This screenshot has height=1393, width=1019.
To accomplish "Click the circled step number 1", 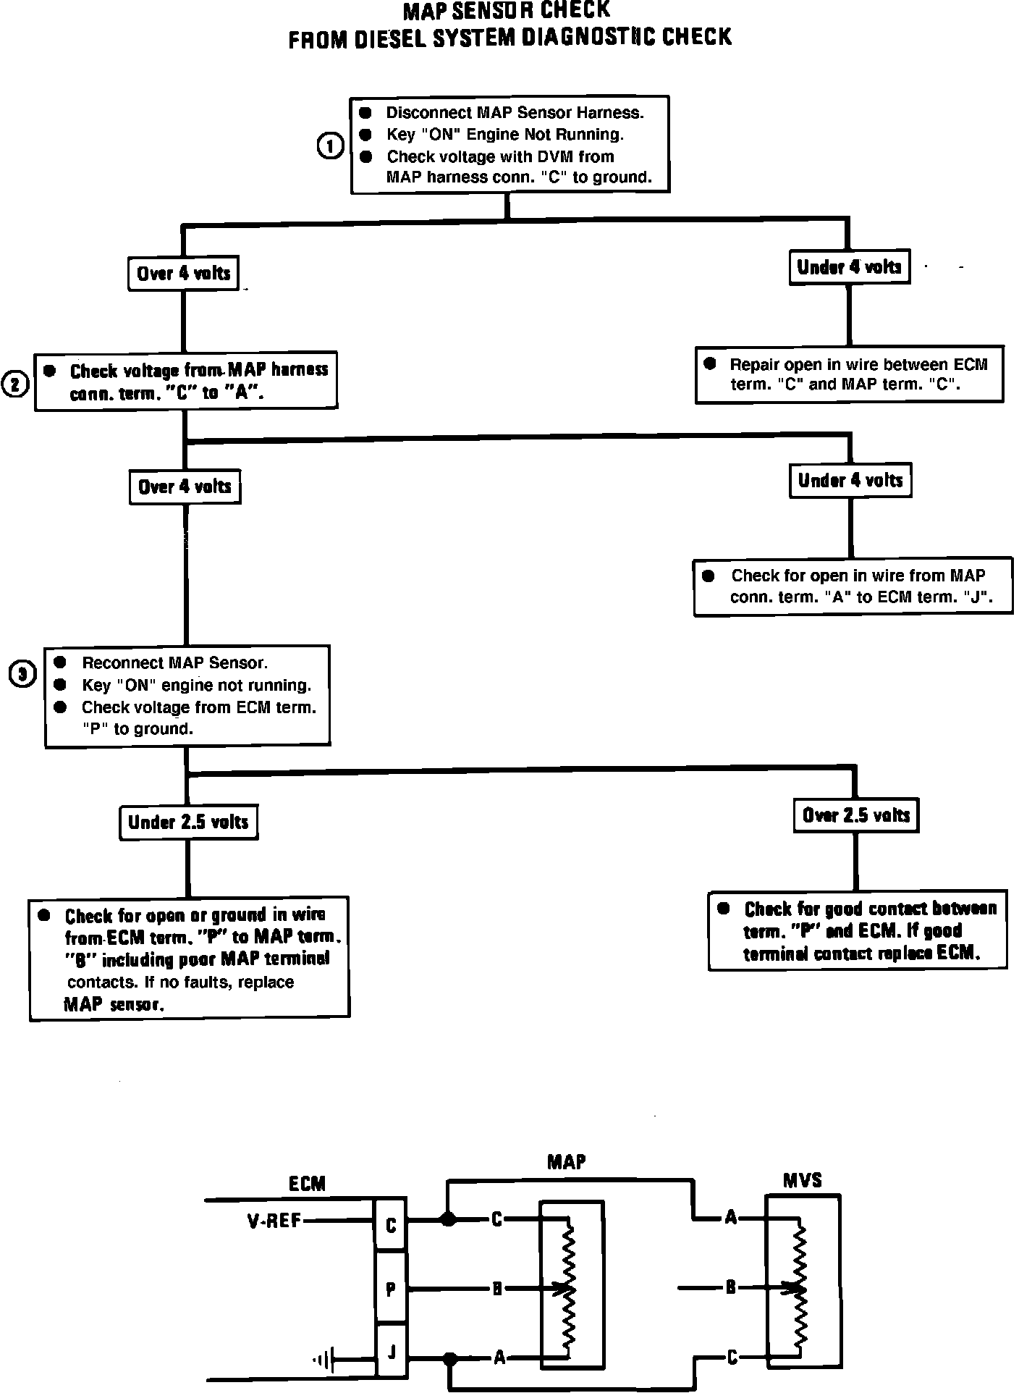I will point(331,146).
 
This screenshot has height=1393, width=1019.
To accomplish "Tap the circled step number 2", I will point(16,384).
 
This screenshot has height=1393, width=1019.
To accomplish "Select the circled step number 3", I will point(22,675).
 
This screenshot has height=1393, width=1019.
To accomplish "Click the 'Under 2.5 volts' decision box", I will point(188,822).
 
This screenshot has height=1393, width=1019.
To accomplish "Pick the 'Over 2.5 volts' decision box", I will point(855,815).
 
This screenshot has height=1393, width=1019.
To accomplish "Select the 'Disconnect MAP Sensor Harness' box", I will point(509,145).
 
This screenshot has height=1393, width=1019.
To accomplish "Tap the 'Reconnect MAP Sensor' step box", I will point(187,696).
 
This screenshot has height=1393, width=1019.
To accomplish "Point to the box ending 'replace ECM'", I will point(858,930).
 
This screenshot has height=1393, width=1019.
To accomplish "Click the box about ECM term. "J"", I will point(853,586).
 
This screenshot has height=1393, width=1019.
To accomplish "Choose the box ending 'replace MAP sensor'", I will point(189,959).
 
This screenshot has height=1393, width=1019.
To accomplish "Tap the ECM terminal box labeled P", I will point(391,1289).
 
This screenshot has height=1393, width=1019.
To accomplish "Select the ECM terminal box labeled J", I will point(391,1350).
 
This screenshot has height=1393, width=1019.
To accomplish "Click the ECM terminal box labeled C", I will point(391,1225).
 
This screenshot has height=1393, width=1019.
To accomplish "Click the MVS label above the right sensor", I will point(802,1181).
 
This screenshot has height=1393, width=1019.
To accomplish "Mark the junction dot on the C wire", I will point(449,1219).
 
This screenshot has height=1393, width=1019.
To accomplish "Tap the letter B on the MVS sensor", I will point(730,1287).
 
